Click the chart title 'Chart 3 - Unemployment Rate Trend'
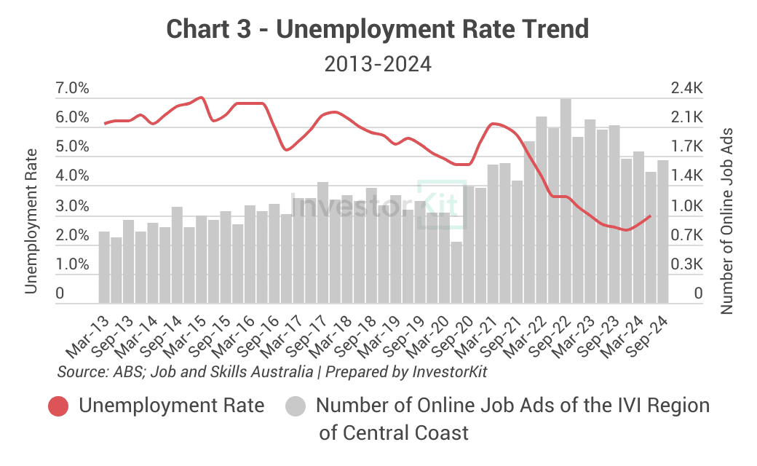378,29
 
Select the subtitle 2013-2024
378,64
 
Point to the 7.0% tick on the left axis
72,89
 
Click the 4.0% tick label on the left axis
72,177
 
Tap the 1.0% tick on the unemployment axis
72,264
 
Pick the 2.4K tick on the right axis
687,89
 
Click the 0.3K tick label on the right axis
687,264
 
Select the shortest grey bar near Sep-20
456,272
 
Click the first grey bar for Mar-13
104,267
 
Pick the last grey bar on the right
663,232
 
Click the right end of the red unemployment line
649,216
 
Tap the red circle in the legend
58,406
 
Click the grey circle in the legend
296,406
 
